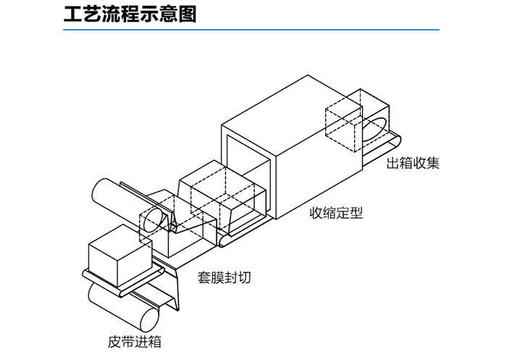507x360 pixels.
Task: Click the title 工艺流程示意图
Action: (130, 14)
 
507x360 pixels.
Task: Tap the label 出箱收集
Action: (413, 164)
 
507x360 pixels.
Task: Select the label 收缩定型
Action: (336, 214)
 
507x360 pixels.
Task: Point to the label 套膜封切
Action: (225, 277)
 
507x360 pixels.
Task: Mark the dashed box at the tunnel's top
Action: (343, 127)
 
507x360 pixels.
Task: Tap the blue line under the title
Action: (253, 30)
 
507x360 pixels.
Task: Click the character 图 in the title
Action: (188, 14)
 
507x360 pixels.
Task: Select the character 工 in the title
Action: (73, 14)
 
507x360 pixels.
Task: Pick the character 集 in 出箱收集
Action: (432, 164)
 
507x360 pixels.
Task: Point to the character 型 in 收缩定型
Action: (356, 214)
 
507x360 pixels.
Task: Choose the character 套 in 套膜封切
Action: (205, 277)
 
